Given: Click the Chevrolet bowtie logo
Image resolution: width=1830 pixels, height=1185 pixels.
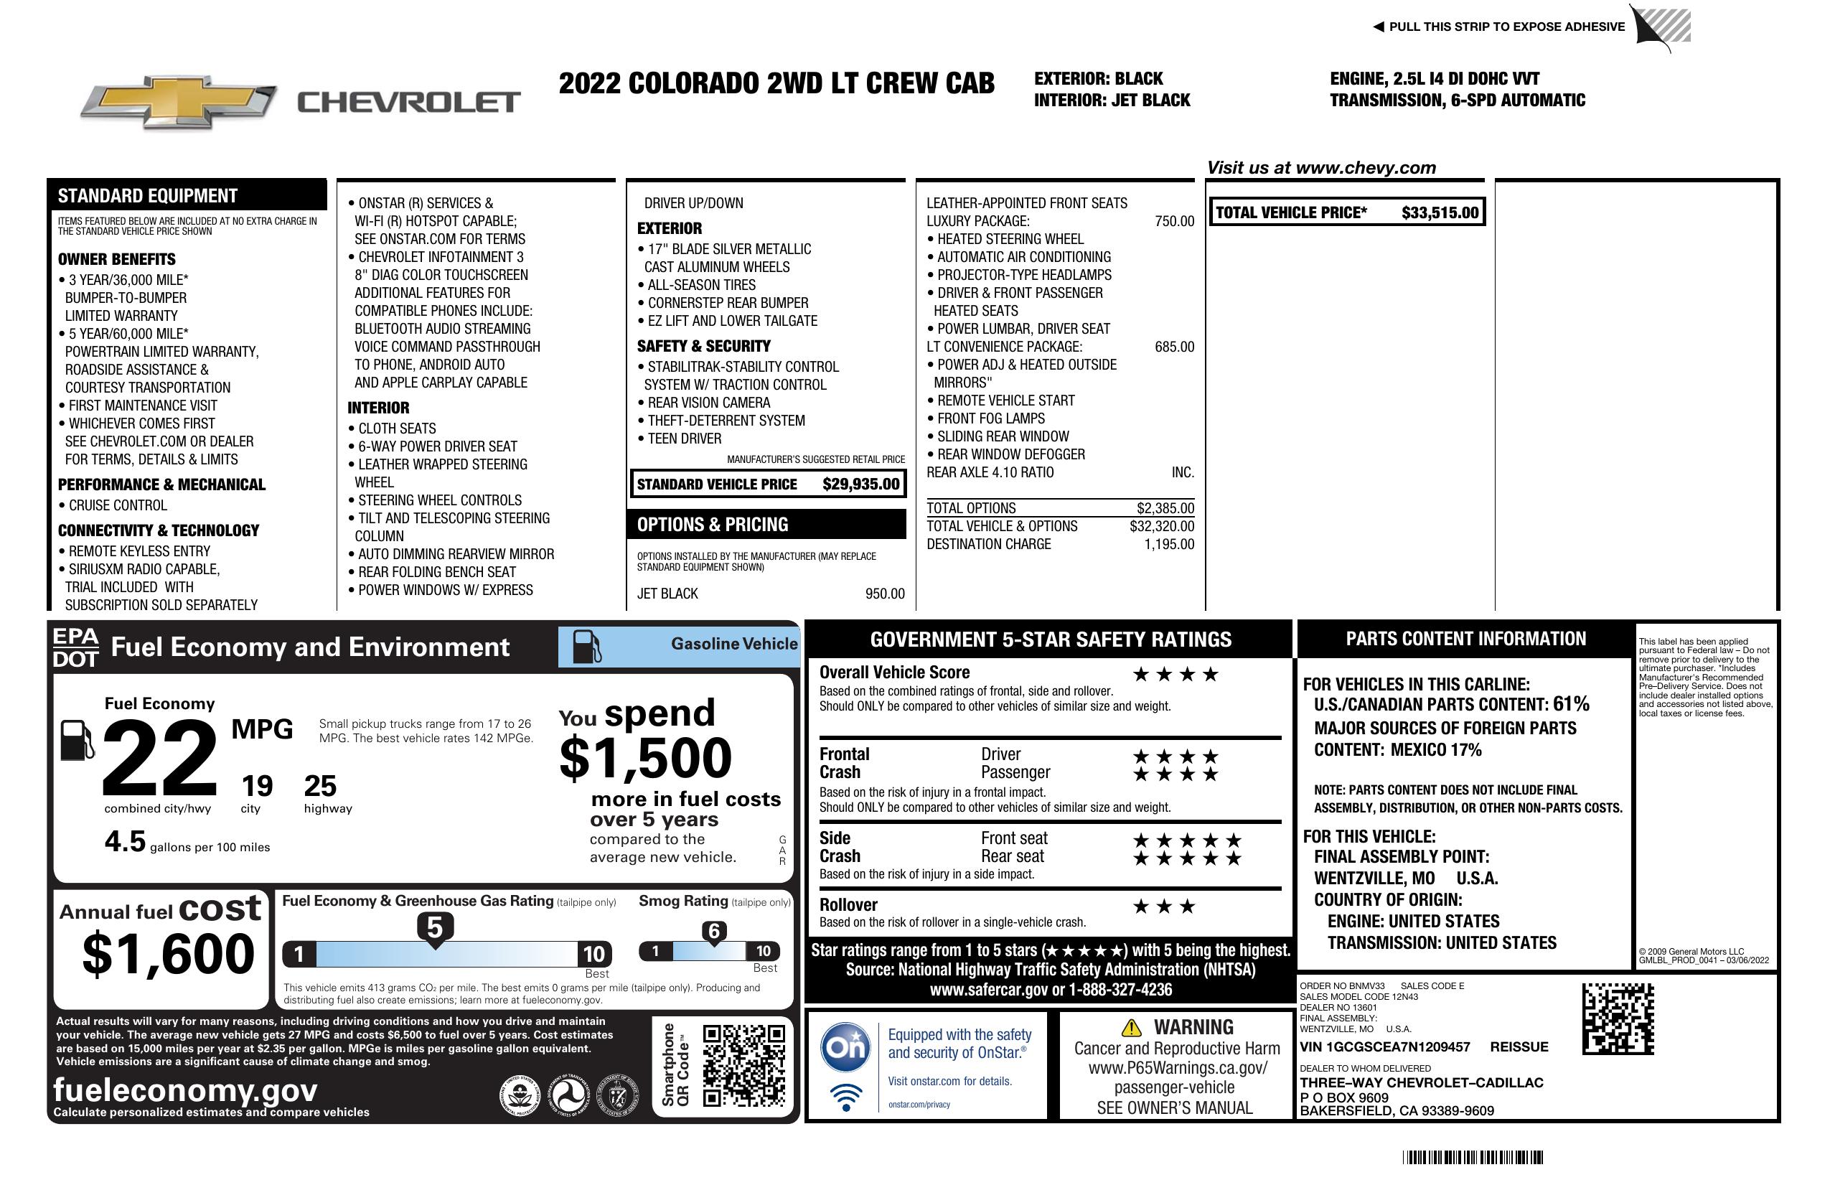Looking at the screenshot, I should (x=179, y=102).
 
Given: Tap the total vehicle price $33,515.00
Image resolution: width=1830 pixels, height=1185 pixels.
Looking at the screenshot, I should (x=1440, y=213).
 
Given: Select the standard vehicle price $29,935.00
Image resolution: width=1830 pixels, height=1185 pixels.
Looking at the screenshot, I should (x=860, y=484).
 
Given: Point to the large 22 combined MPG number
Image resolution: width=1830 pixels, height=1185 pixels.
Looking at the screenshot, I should (x=159, y=758).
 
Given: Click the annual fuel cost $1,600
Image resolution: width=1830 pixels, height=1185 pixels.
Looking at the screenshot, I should (x=168, y=954).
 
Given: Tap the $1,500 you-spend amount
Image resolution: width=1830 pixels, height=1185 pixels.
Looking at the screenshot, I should (x=645, y=758).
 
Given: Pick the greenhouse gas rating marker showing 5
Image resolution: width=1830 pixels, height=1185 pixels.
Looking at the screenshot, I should (x=434, y=928).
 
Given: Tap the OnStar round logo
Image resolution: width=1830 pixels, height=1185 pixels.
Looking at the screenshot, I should (x=845, y=1046).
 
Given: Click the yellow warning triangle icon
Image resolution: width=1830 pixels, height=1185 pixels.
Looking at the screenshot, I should (x=1131, y=1027).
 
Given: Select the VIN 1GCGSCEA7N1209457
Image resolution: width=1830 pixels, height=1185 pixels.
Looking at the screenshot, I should (x=1384, y=1047).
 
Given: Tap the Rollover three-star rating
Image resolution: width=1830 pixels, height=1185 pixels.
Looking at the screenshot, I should (x=1164, y=907).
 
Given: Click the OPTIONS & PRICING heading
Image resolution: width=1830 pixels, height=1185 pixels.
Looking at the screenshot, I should (x=712, y=525).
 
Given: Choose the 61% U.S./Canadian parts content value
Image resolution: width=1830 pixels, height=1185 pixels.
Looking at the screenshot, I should (x=1570, y=703).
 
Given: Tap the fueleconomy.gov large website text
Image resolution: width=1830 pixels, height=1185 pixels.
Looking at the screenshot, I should (x=185, y=1090).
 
